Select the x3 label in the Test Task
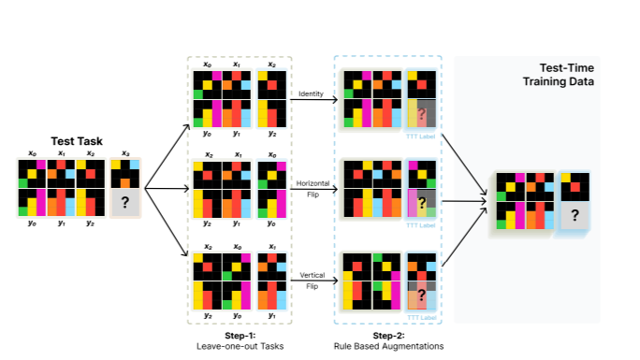tap(124, 153)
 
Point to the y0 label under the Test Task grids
tap(31, 223)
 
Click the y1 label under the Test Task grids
tap(61, 223)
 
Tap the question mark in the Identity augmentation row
tap(423, 114)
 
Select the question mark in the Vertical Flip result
tap(423, 295)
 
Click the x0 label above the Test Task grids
tap(31, 153)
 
